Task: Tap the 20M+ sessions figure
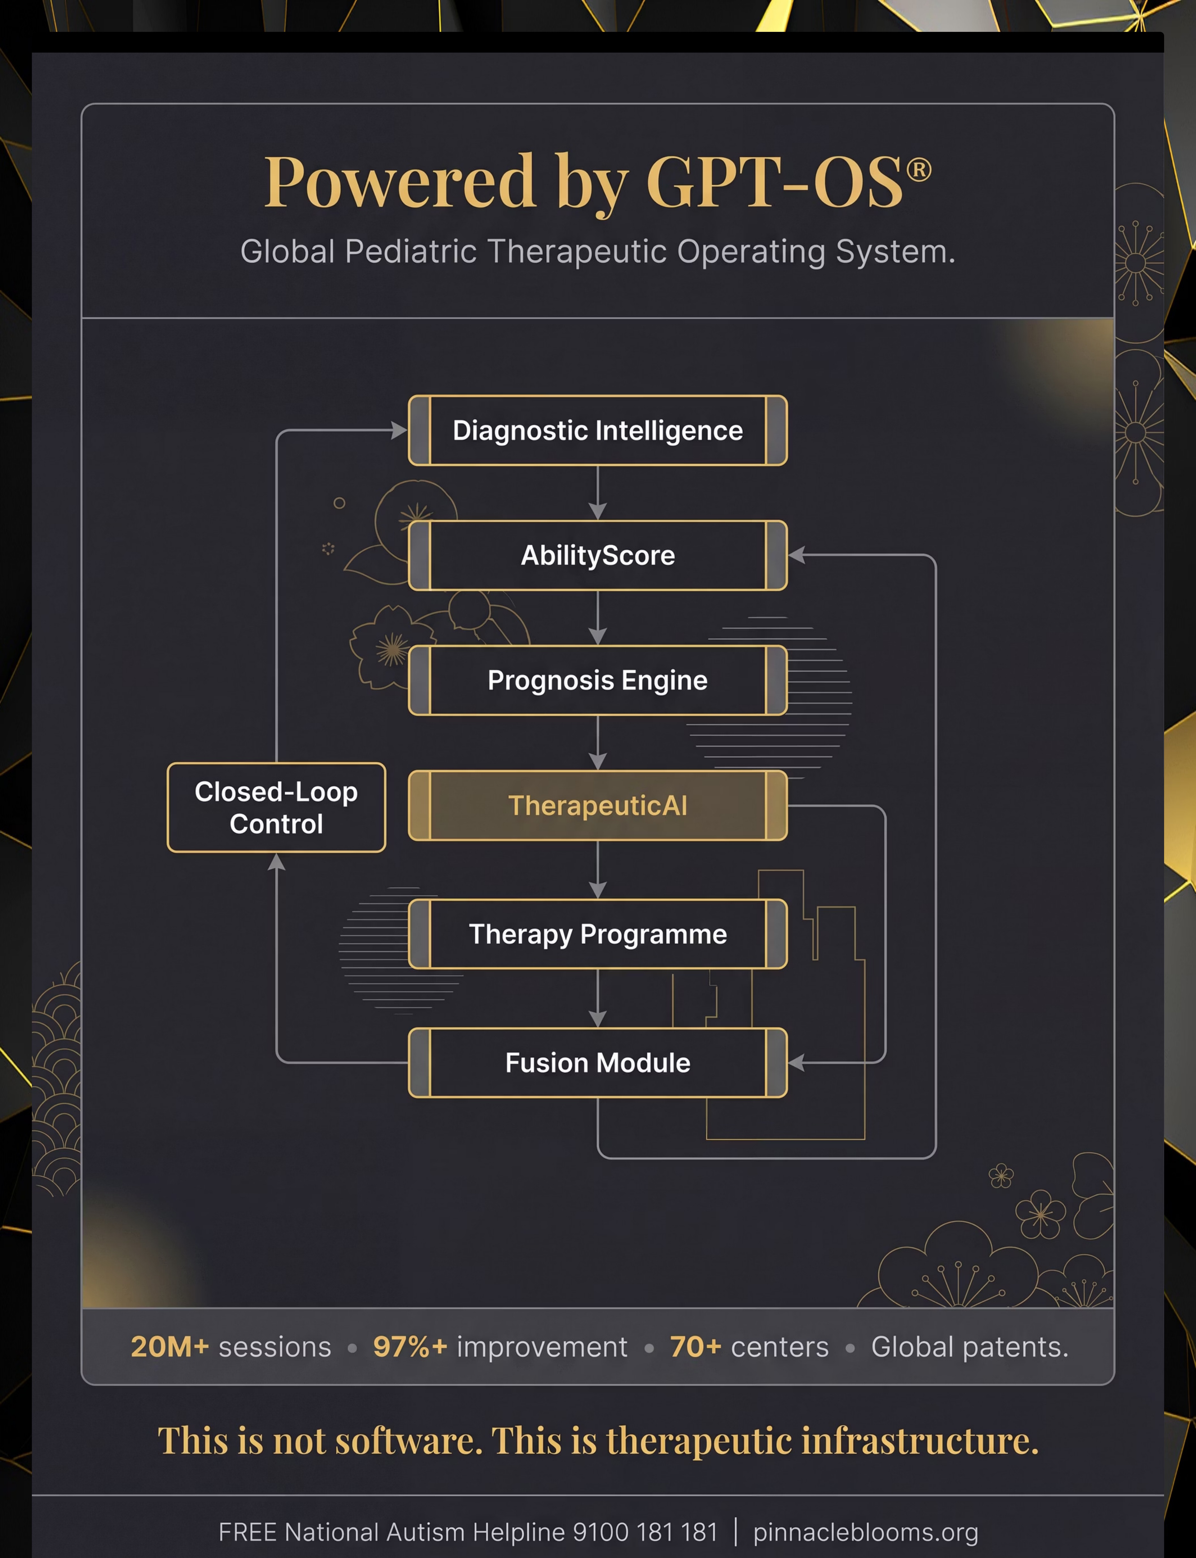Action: coord(231,1347)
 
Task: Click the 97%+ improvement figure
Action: coord(500,1347)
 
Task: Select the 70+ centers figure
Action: coord(749,1347)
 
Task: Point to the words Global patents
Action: coord(970,1347)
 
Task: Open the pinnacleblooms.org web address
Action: coord(866,1532)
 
